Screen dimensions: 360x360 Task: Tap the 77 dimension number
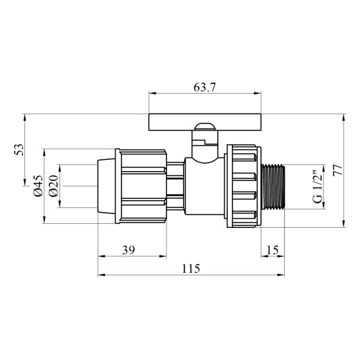coord(338,170)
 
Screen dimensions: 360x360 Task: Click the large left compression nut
coord(140,186)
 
